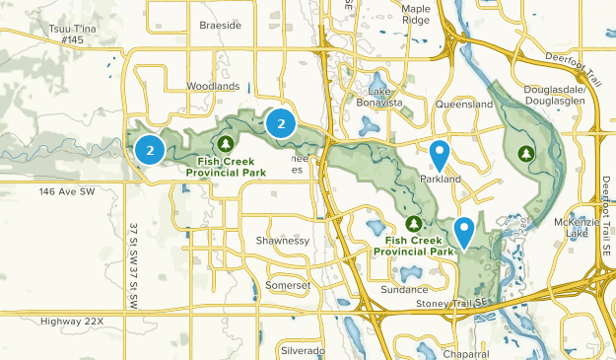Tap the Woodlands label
[213, 87]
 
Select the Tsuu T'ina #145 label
[71, 36]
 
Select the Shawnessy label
[282, 240]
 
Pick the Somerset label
[287, 285]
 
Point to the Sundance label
[405, 290]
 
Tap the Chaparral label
[466, 353]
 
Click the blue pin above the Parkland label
[441, 155]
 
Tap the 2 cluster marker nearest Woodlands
[281, 123]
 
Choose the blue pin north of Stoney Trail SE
[463, 232]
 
